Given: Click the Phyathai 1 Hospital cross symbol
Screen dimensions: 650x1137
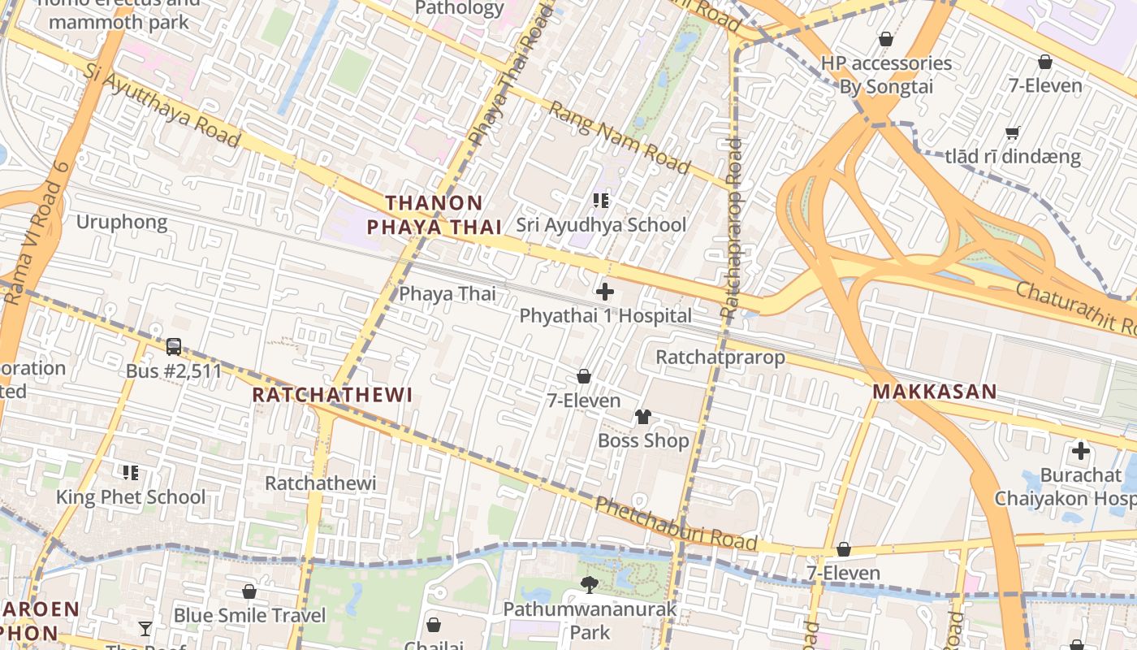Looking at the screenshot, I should pyautogui.click(x=605, y=291).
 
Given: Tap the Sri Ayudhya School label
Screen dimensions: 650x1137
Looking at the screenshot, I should pyautogui.click(x=601, y=225).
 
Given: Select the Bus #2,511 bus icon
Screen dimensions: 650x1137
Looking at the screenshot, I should pyautogui.click(x=173, y=347).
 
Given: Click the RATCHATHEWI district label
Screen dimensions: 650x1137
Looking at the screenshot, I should pyautogui.click(x=332, y=395).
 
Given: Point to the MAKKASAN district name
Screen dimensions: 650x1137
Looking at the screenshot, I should pyautogui.click(x=935, y=392).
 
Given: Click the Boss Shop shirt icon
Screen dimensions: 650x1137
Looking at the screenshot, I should pyautogui.click(x=642, y=417).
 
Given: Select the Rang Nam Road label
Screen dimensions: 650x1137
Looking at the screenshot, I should pyautogui.click(x=620, y=137).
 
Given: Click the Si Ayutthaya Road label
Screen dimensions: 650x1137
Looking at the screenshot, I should pyautogui.click(x=162, y=106).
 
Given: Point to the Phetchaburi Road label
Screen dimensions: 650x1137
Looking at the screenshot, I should pyautogui.click(x=676, y=525).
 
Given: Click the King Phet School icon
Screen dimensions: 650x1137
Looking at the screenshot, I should pyautogui.click(x=130, y=472).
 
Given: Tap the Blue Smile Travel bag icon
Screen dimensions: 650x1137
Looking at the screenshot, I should pyautogui.click(x=249, y=591).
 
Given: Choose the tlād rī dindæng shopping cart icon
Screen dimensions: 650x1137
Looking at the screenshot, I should pyautogui.click(x=1012, y=132).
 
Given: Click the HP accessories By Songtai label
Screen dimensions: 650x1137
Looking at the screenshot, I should pyautogui.click(x=886, y=75).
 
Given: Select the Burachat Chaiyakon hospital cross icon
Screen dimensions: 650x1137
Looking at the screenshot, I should pyautogui.click(x=1080, y=450).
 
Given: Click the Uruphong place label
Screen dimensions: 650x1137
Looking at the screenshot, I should pyautogui.click(x=122, y=222).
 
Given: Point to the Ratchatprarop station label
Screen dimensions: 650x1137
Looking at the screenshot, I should pyautogui.click(x=720, y=357).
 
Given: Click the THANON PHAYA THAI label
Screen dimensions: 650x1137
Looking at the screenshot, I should pyautogui.click(x=434, y=215).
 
